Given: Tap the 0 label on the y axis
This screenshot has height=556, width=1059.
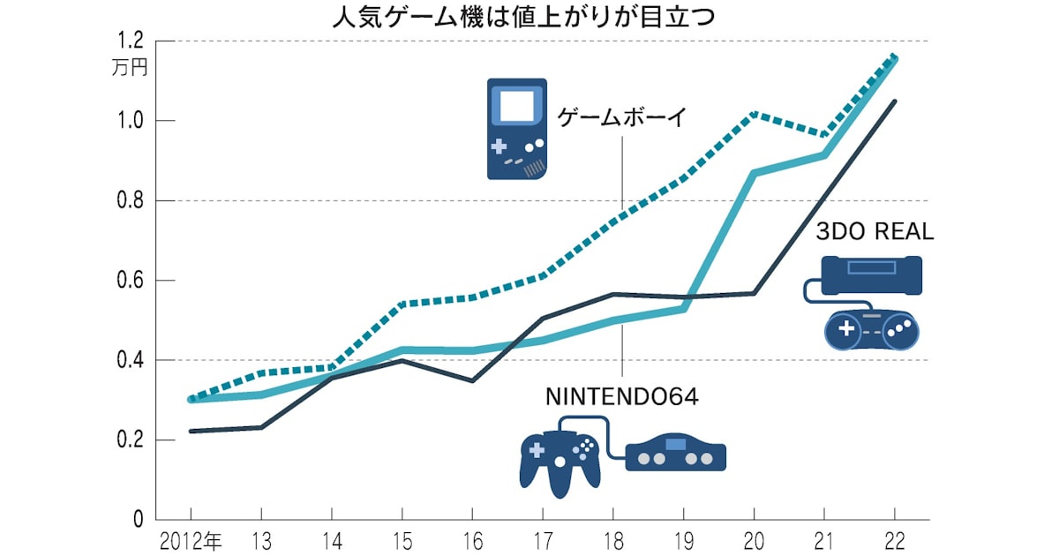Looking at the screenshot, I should click(138, 520).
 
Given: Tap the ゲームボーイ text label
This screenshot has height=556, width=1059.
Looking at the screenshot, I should click(621, 118).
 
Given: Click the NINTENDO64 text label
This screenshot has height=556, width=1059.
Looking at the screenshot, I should click(622, 397).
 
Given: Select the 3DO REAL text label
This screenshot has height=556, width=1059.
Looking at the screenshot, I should click(874, 232).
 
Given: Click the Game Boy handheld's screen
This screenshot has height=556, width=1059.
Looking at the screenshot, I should click(517, 106).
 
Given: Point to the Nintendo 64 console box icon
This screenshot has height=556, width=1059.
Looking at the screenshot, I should click(675, 454).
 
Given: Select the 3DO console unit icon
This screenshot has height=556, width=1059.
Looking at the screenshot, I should click(871, 274).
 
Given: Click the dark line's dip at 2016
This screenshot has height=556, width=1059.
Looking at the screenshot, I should click(472, 381).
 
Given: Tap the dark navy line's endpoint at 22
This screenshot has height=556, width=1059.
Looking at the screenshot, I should click(896, 101).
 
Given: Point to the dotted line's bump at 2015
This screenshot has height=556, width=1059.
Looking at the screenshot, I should click(402, 304).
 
